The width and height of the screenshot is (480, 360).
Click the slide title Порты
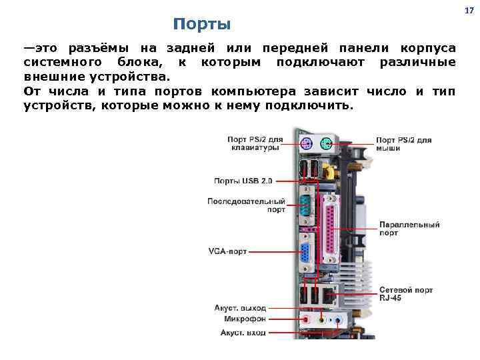(201, 25)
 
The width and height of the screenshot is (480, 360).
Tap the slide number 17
(469, 10)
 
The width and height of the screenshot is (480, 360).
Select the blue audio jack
(338, 320)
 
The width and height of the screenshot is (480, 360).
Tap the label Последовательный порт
(246, 205)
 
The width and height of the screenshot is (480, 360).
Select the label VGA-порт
(227, 252)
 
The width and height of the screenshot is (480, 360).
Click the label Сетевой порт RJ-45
(406, 295)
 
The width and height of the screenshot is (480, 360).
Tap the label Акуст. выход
(240, 308)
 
